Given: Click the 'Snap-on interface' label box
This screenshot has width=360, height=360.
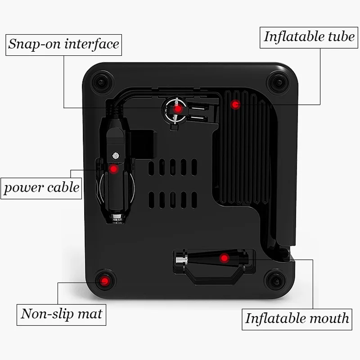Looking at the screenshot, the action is tap(63, 45).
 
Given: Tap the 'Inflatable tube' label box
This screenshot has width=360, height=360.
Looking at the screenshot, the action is tap(309, 38).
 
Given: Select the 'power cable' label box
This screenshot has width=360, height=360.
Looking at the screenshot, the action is tap(41, 189).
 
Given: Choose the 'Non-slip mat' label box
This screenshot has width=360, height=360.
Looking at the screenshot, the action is tap(61, 315).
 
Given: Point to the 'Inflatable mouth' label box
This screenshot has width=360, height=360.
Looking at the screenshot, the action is tap(297, 319).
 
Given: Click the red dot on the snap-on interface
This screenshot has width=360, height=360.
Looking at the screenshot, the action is tap(177, 109).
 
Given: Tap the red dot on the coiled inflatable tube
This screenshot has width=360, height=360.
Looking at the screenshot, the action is tap(235, 105).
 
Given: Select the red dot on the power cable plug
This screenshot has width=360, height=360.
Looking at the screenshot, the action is tap(113, 169).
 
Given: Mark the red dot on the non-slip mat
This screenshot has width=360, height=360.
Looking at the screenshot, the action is tap(105, 280).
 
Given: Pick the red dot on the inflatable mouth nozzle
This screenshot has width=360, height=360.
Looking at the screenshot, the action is tap(224, 258).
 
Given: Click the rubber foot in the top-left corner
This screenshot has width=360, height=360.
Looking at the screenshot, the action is tap(102, 82).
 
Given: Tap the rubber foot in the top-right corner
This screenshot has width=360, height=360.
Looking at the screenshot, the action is tap(278, 82).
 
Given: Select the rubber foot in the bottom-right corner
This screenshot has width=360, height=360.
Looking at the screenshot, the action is tap(275, 280).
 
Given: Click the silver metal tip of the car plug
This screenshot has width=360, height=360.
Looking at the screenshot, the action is tap(117, 218).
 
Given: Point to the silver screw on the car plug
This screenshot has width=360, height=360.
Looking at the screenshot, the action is tap(116, 156).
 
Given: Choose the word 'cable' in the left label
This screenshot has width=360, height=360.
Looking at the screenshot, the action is tap(63, 187).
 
